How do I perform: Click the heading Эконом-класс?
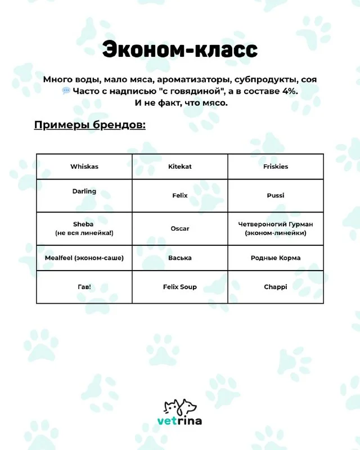[179, 50]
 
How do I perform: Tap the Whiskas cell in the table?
[84, 166]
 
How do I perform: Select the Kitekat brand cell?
[180, 166]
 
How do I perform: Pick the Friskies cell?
[276, 166]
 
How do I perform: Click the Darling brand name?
[84, 191]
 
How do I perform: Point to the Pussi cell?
[276, 195]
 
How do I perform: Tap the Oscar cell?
[180, 228]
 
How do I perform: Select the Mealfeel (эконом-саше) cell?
[84, 258]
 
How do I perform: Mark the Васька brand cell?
[180, 258]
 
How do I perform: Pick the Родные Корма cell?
[276, 258]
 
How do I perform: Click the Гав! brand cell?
[84, 287]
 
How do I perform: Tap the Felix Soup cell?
[180, 287]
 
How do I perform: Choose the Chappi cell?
[276, 287]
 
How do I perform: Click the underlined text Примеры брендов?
[90, 125]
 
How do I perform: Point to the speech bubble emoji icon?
[66, 91]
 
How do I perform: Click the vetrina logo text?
[179, 421]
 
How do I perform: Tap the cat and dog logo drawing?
[180, 406]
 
